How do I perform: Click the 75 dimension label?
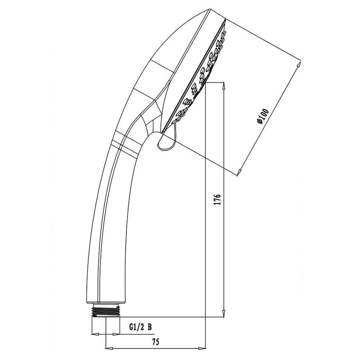(x=156, y=342)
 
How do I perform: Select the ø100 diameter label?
(x=263, y=117)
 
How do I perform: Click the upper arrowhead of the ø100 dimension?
(x=298, y=64)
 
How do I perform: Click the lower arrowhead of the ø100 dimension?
(x=239, y=172)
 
